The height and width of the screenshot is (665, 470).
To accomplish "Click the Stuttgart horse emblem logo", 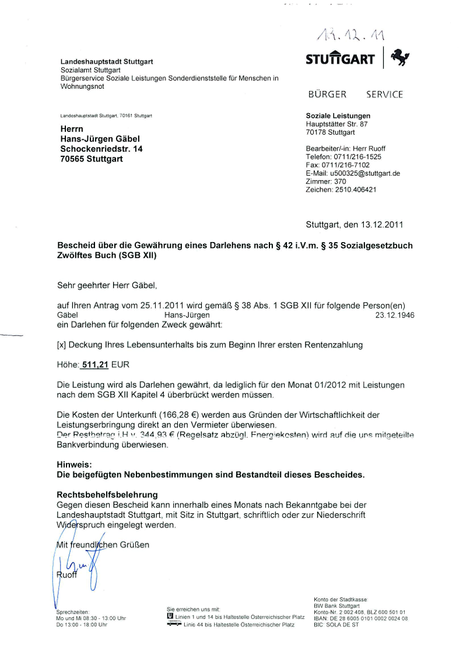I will tap(400, 58).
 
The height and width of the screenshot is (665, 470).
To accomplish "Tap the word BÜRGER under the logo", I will tap(327, 94).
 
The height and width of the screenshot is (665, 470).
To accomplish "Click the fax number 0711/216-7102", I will tap(345, 165).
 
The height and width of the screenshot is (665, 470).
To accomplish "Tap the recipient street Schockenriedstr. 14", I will tap(101, 149).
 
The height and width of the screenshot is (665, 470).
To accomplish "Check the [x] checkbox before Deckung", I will tap(61, 345).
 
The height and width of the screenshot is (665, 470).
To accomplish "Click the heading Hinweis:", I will tap(75, 465).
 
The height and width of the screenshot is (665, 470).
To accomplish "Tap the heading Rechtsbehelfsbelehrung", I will tap(107, 495).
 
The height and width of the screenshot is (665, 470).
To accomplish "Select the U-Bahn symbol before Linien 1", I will tap(170, 615).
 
